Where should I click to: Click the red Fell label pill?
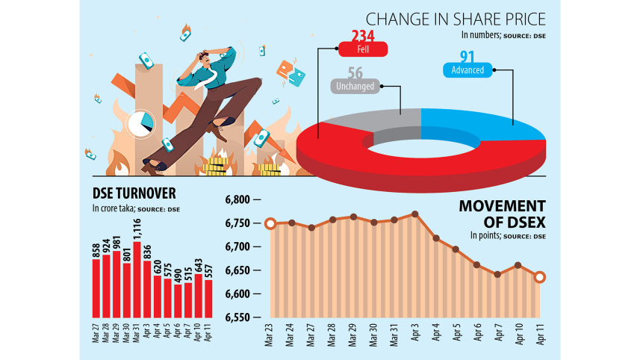point(363,50)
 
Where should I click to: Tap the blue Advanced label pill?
point(467,70)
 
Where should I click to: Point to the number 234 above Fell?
point(364,35)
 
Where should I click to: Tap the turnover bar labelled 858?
point(96,288)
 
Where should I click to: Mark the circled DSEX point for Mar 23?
point(270,223)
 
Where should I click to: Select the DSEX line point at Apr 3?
point(414,214)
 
